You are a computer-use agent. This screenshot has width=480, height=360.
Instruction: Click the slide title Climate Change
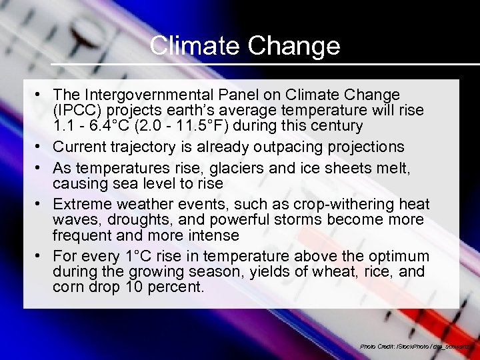(245, 46)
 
